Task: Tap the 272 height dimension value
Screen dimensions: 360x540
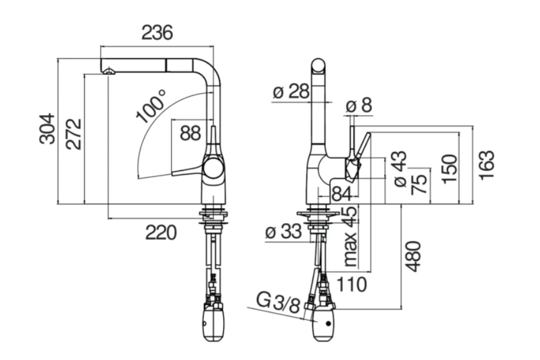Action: coord(73,134)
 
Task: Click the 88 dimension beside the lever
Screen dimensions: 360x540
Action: coord(190,133)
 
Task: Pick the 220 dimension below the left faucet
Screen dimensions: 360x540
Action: coord(161,232)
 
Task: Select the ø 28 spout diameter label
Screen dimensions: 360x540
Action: coord(290,92)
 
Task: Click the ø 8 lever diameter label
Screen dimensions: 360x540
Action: coord(359,106)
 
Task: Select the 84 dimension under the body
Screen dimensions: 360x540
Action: coord(341,194)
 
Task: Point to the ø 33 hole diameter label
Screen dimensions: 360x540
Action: coord(282,232)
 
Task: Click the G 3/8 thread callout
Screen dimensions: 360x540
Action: coord(277,302)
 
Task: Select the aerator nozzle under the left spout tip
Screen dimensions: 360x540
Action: coord(109,71)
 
